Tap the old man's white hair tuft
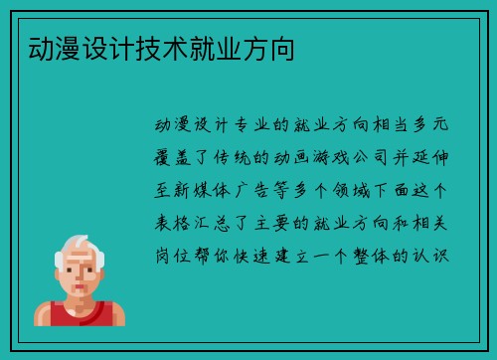(x=71, y=245)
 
